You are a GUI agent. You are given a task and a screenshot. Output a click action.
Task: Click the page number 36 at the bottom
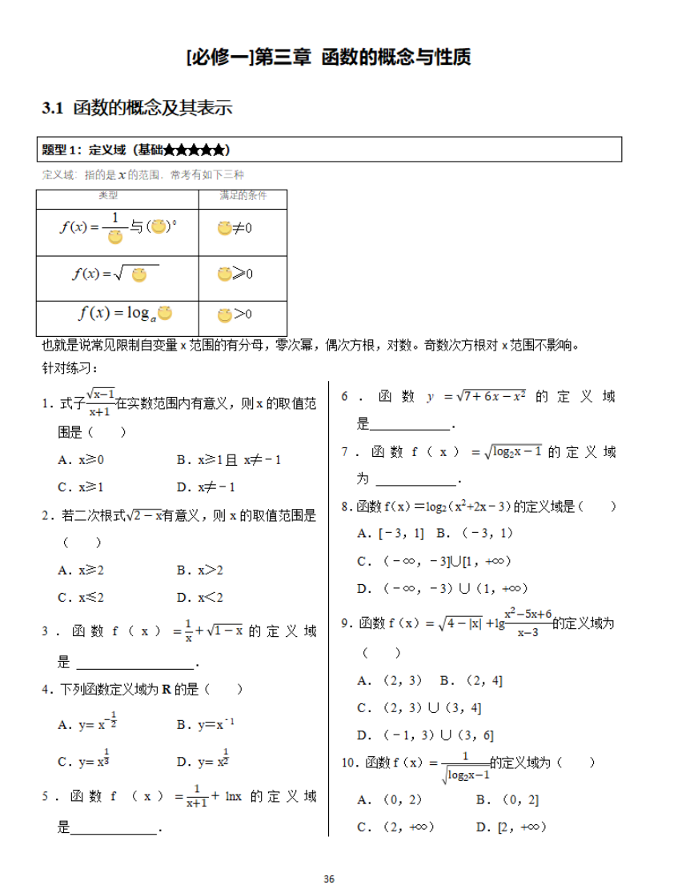pos(328,879)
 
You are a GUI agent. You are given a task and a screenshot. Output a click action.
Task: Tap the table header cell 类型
pos(108,195)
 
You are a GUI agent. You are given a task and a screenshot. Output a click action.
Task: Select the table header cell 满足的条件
pos(243,195)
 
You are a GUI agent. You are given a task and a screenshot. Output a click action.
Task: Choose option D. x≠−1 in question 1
pos(205,487)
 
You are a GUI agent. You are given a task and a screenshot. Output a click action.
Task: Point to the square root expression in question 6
pos(489,396)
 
